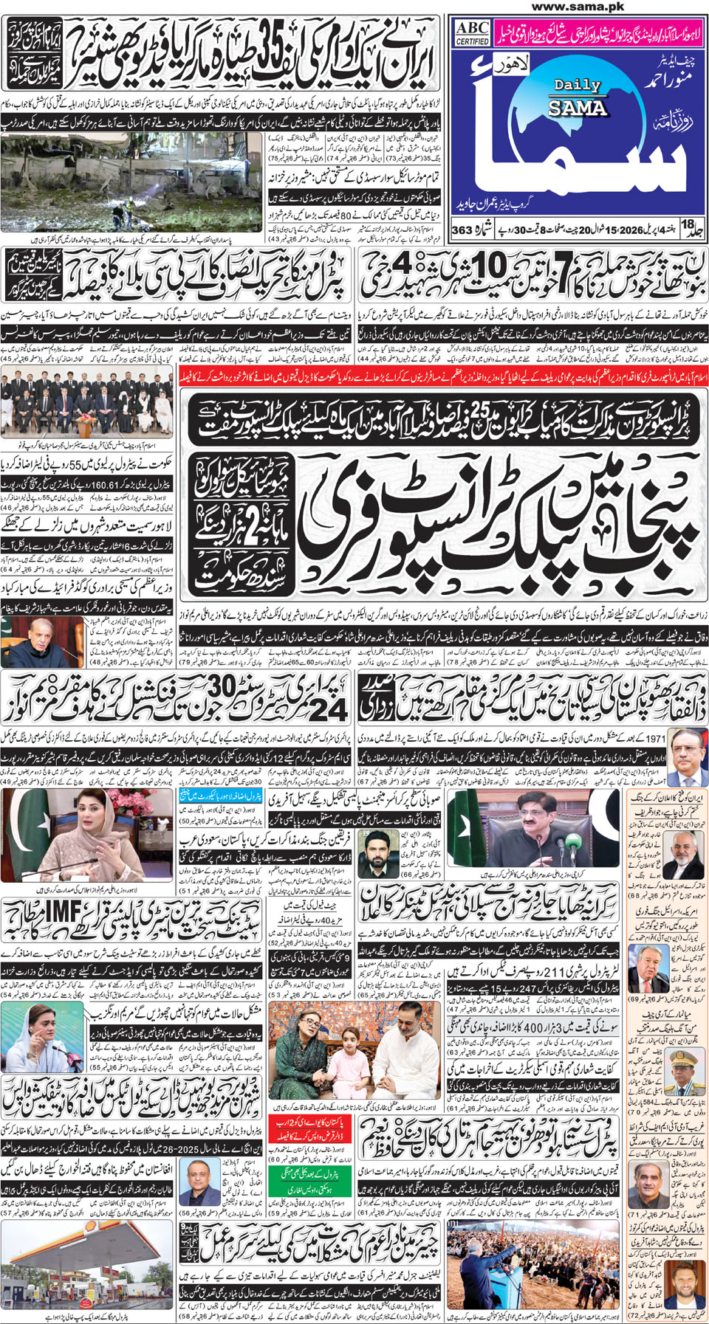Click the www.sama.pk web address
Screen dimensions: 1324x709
(x=577, y=7)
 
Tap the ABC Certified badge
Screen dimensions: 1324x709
(x=472, y=32)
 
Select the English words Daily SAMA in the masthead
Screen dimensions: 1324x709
(x=578, y=97)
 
